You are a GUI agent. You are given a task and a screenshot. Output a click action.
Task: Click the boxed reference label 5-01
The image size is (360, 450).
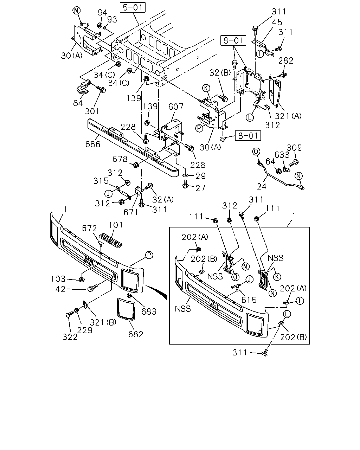[133, 7]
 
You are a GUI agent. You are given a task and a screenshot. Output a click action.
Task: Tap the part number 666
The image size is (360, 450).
[93, 144]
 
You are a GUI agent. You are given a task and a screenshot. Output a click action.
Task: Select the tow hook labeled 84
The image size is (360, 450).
[83, 88]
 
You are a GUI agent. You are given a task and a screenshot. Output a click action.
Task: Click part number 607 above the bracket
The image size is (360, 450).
[176, 107]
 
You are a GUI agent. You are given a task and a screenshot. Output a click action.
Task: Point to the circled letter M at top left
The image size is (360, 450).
[77, 10]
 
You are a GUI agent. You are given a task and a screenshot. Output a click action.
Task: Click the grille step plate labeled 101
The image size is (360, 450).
[110, 240]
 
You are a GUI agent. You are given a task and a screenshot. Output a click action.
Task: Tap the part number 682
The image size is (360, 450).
[136, 334]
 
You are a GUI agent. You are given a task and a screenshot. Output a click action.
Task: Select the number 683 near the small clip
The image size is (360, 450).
[149, 311]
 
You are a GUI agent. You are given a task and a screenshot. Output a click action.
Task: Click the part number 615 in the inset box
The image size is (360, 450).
[249, 300]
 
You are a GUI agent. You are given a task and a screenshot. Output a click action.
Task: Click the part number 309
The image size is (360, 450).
[294, 148]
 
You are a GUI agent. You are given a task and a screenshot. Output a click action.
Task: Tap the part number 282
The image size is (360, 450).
[286, 60]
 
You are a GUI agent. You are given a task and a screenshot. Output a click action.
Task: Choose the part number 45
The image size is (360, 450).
[277, 22]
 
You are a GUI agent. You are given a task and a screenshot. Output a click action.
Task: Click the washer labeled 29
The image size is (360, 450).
[185, 175]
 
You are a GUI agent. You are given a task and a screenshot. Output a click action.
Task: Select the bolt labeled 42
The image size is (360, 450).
[92, 288]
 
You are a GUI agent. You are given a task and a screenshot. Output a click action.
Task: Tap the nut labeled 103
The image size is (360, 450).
[82, 279]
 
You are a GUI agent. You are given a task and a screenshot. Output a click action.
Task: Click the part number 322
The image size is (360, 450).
[70, 337]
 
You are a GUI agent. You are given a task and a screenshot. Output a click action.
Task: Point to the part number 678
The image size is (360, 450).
[120, 159]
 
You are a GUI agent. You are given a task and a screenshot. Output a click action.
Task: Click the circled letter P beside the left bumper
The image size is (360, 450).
[149, 255]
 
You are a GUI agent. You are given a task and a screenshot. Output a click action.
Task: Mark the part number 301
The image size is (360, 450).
[92, 111]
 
